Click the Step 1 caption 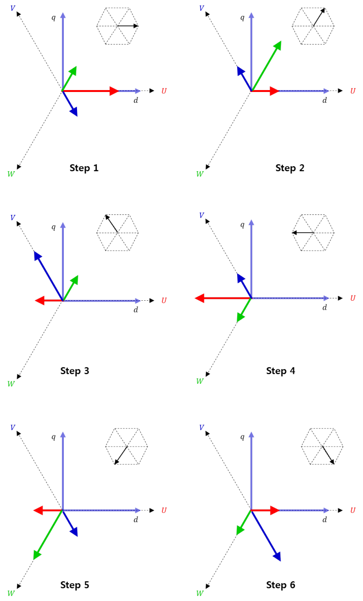tap(84, 168)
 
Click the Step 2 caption tap(290, 168)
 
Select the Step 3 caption tap(75, 371)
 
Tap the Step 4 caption tap(280, 371)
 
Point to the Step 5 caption tap(75, 585)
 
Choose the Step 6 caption tap(280, 585)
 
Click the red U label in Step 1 tap(164, 91)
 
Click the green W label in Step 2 tap(200, 174)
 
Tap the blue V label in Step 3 tap(13, 217)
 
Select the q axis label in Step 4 tap(242, 225)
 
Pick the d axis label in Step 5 tap(136, 519)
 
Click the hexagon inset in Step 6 tap(322, 447)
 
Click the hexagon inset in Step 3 tap(117, 232)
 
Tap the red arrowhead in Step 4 tap(199, 298)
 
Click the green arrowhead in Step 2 tap(277, 46)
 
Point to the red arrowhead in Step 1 tap(114, 91)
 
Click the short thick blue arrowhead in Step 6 tap(276, 555)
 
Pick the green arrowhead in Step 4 tap(240, 317)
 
